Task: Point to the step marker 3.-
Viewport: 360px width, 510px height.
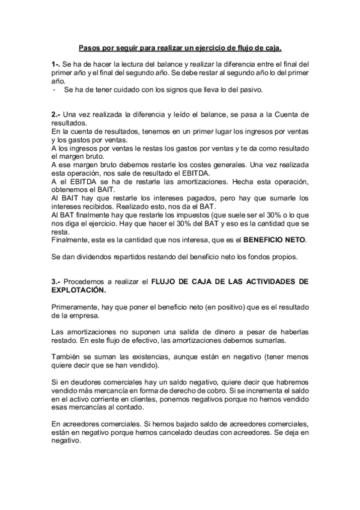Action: (56, 281)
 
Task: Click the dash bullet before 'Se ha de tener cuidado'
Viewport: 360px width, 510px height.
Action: (55, 89)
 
